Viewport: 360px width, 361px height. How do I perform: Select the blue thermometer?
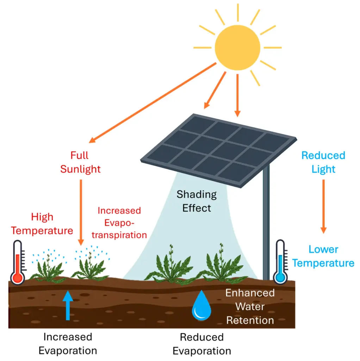[280, 263]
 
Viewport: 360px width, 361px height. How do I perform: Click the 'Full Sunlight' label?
[80, 162]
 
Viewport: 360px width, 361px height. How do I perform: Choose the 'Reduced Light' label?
[323, 162]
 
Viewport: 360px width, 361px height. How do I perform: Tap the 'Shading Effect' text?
[197, 201]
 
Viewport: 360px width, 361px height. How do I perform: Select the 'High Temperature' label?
[42, 224]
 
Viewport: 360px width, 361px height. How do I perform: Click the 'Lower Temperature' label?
[323, 256]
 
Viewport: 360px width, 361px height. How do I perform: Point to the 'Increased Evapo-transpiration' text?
[122, 222]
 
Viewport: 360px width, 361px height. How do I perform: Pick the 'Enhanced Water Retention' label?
[250, 306]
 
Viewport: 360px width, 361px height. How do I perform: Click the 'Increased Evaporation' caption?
[68, 344]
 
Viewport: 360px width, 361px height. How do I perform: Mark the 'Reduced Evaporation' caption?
[202, 344]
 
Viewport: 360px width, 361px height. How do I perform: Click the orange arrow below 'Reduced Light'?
[323, 206]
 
